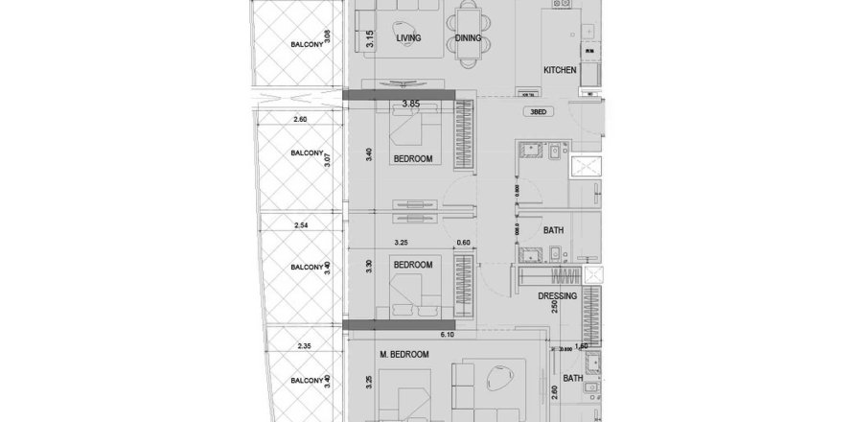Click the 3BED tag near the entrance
point(538,112)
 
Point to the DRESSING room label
point(557,297)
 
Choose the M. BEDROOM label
point(403,355)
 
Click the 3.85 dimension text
point(413,103)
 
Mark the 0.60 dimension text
point(465,244)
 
